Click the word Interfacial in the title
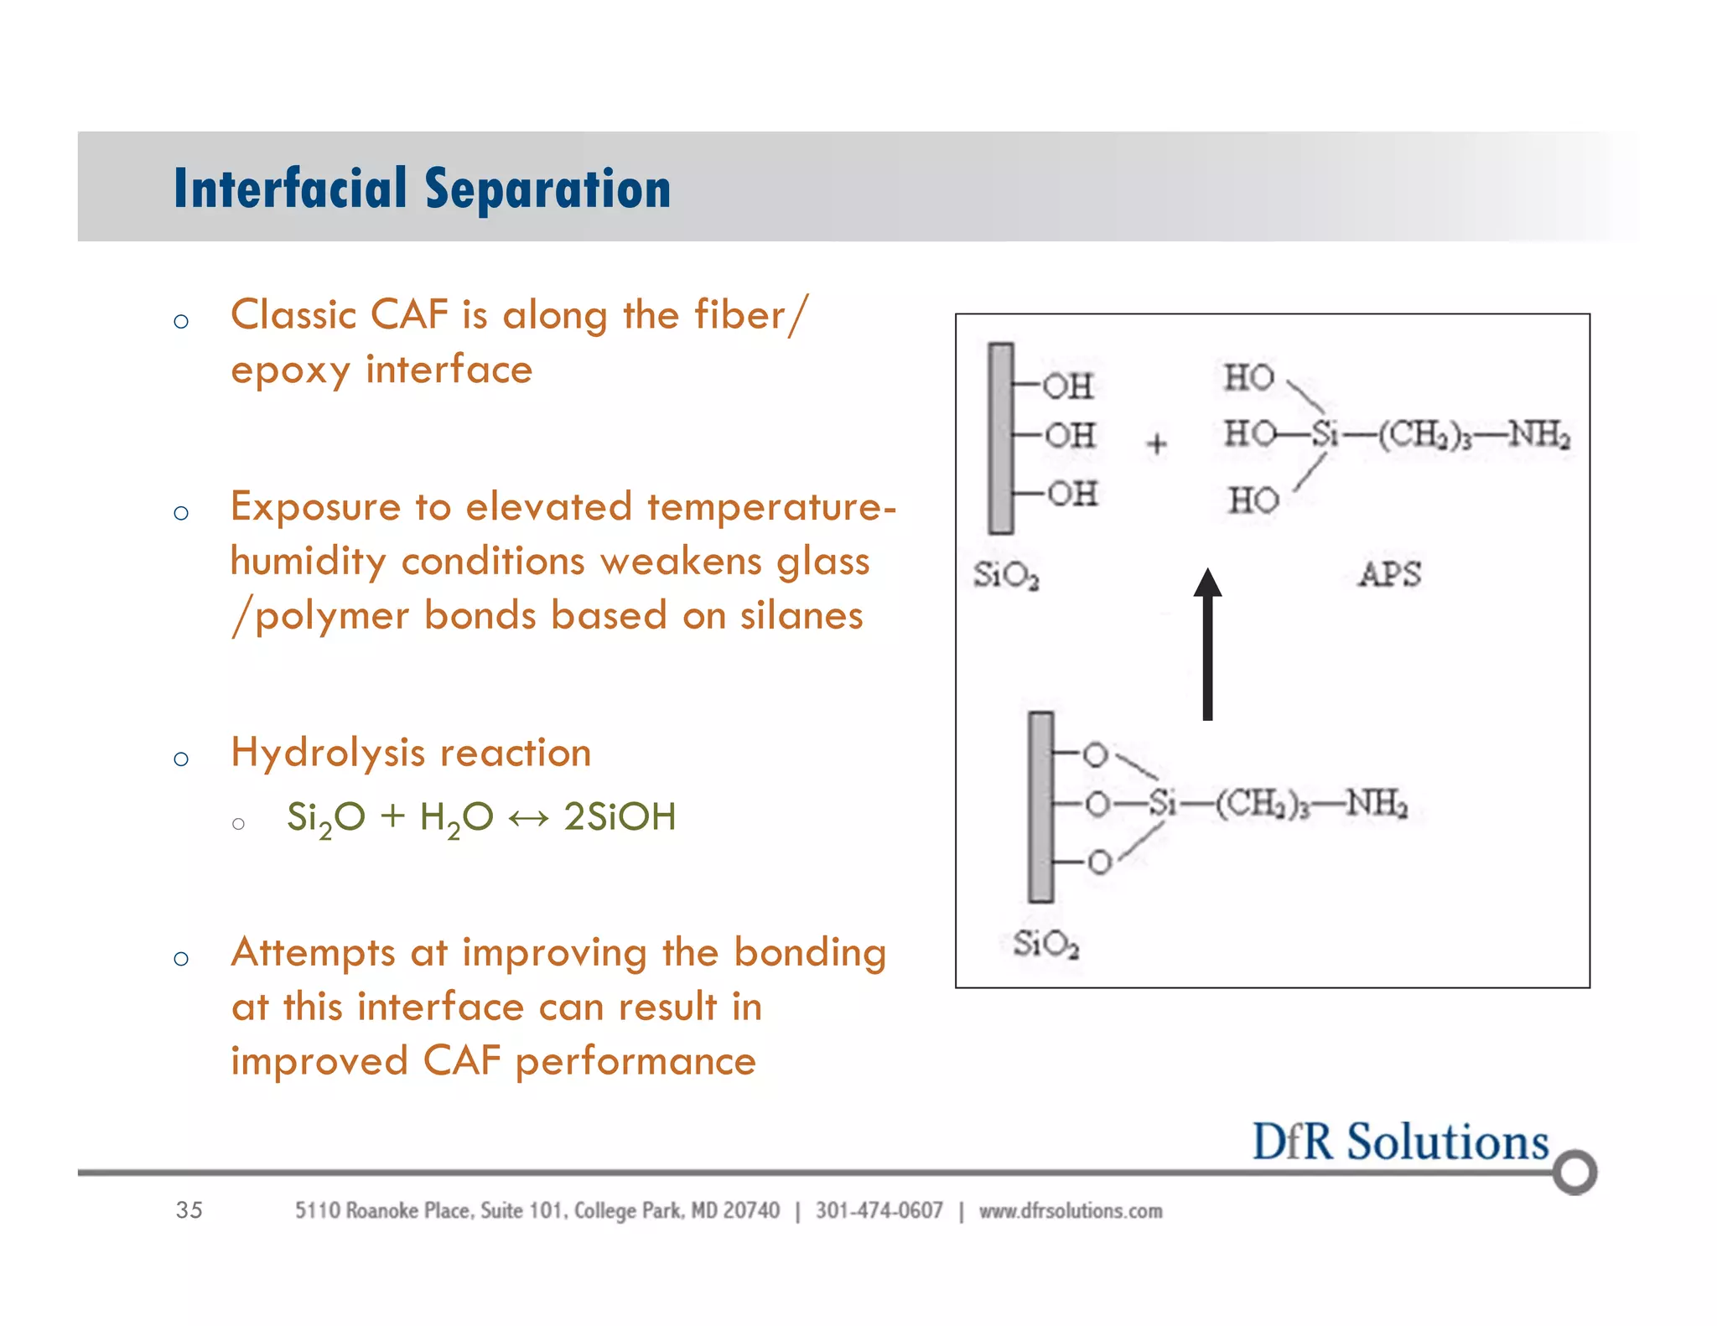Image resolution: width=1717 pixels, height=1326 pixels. (289, 188)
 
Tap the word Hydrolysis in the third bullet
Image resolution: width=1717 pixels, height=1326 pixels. (328, 753)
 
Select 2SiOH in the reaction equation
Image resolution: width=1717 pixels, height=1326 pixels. (620, 816)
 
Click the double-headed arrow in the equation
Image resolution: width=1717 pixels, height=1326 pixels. (528, 817)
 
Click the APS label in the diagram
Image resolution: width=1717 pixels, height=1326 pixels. (1389, 575)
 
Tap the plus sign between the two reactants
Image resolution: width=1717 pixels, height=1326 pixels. (1156, 443)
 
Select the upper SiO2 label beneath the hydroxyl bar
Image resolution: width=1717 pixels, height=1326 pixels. (1006, 576)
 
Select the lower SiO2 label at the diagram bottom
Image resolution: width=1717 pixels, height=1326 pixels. (1045, 945)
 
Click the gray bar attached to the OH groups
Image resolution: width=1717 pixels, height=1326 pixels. (1000, 438)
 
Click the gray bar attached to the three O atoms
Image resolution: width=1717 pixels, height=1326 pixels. (1040, 806)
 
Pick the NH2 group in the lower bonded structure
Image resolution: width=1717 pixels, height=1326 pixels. (1377, 804)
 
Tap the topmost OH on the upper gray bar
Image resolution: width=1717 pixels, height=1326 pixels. (1067, 386)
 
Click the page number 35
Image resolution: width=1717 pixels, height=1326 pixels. (189, 1209)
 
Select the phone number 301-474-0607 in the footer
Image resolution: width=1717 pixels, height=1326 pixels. (879, 1210)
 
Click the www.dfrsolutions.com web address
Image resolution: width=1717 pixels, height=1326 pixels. (1071, 1210)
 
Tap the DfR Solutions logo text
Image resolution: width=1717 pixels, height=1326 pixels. (1399, 1142)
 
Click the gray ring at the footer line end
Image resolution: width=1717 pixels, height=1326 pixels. (1574, 1171)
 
